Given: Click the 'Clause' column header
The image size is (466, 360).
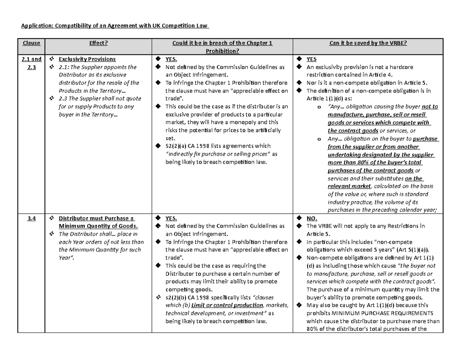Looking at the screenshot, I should [x=31, y=43].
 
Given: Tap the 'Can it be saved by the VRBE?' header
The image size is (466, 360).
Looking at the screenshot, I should [x=368, y=43].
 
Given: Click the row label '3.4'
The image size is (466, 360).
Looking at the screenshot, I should [x=31, y=218].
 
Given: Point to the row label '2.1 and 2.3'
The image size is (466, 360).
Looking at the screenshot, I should [x=31, y=63].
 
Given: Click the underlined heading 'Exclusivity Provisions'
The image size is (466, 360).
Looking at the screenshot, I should [x=87, y=59].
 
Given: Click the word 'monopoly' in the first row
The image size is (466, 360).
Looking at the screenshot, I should [x=247, y=122].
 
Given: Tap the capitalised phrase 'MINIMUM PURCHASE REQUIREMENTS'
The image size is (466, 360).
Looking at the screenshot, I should [x=372, y=313].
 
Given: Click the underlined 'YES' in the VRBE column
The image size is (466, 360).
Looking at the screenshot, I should [x=311, y=59].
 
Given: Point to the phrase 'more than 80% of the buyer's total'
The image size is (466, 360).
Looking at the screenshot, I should [x=375, y=162].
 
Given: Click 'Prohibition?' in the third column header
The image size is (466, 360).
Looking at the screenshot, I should [x=223, y=51].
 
